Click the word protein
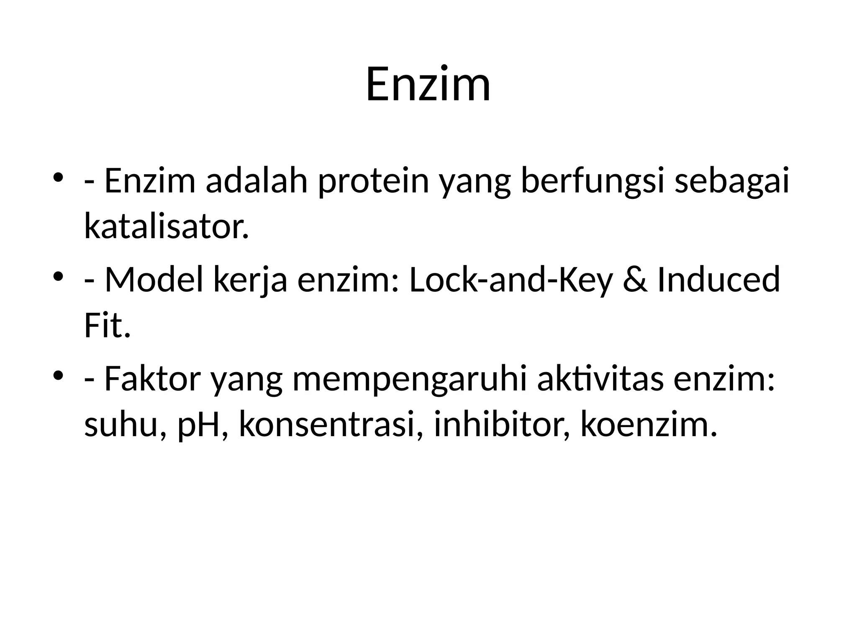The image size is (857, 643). coord(374,181)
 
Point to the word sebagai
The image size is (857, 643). coord(732,181)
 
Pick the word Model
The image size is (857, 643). coord(154,280)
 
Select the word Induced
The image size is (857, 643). coord(718,280)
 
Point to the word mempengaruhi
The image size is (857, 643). coord(409,379)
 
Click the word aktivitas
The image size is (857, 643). coord(601,379)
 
